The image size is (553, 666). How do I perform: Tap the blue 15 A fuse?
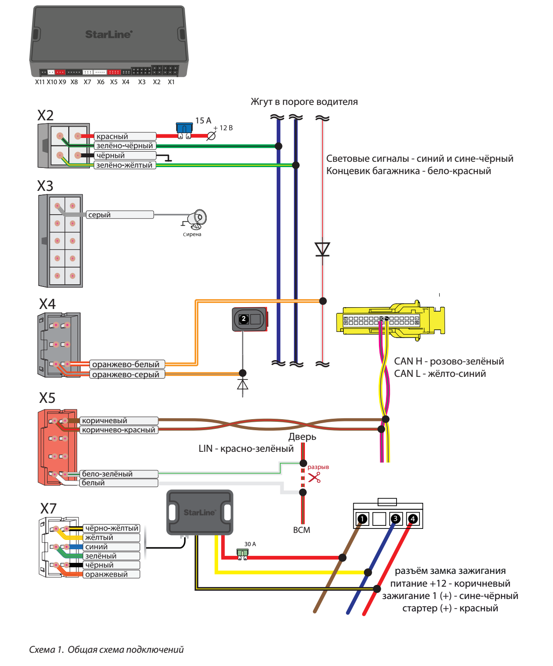pos(184,129)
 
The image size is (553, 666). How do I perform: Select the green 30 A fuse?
pos(242,553)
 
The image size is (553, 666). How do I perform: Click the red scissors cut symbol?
pos(314,477)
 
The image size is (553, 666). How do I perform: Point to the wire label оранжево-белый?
pos(126,365)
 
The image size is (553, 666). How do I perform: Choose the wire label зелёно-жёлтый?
pos(125,165)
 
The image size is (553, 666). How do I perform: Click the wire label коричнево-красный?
pos(119,430)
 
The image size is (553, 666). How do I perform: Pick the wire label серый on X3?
pos(100,215)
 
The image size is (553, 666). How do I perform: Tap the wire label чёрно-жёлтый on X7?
pos(111,528)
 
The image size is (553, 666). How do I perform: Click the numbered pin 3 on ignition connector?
pos(396,519)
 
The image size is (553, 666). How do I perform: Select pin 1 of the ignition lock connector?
pos(362,519)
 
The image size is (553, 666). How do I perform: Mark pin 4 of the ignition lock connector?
pos(413,519)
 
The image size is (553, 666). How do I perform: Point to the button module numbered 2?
pos(249,319)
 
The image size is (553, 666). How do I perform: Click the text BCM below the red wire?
pos(302,530)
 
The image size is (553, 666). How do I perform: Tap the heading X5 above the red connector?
pos(47,398)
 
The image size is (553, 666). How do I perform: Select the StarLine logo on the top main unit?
pos(108,34)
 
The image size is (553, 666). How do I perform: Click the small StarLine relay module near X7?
pos(200,512)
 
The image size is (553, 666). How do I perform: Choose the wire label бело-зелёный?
pos(107,474)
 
